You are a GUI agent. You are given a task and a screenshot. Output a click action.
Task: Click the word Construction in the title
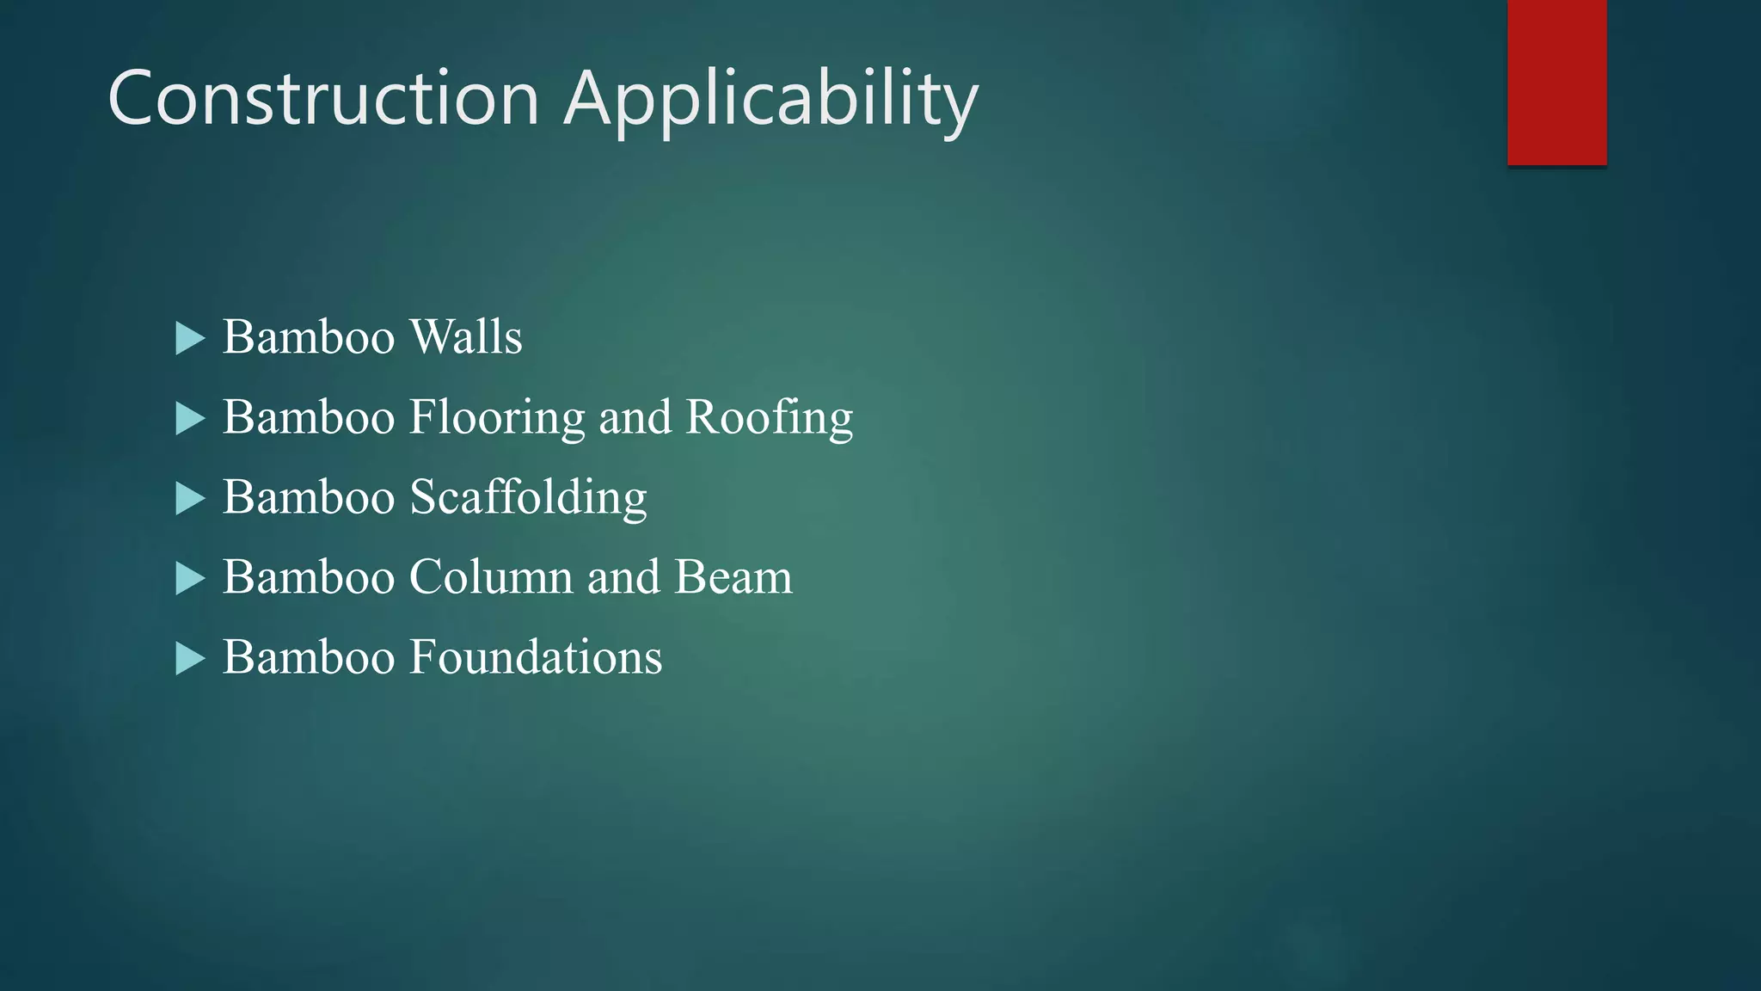323,98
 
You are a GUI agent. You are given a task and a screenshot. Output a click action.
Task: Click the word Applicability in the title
771,102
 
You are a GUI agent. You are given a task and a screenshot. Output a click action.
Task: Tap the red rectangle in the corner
1556,82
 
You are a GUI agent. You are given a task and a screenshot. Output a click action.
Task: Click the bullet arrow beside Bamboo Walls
190,338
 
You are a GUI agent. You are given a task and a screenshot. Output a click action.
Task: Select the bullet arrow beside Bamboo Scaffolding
190,498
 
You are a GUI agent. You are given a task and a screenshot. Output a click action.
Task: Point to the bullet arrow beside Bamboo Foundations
190,659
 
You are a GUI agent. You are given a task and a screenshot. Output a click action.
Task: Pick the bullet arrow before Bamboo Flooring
190,419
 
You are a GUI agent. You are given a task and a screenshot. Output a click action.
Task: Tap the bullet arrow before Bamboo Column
190,578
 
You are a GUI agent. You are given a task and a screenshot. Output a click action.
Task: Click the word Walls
466,336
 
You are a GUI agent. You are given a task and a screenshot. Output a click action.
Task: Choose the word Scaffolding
528,498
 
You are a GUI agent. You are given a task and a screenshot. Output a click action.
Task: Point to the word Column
491,576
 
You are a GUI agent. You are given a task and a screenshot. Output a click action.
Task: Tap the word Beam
733,576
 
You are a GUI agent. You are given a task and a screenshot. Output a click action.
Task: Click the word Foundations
536,657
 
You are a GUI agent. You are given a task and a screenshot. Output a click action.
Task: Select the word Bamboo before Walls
309,336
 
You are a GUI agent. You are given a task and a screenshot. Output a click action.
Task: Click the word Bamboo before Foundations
309,657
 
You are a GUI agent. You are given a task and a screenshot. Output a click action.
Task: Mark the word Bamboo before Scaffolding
309,497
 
